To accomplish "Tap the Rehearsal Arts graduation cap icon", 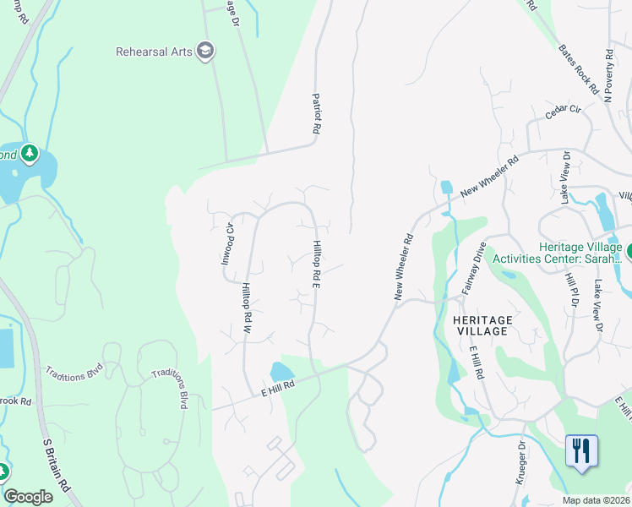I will click(204, 52).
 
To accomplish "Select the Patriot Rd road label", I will click(317, 114).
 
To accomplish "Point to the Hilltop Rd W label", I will click(248, 309).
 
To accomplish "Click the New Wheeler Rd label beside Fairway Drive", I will click(402, 267).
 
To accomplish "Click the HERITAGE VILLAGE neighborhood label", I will click(482, 325).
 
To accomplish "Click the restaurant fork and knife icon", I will click(580, 450).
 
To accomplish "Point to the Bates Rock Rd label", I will click(578, 67).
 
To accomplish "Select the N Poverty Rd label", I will click(608, 76).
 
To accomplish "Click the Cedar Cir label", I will click(564, 111).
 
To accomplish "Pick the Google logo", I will click(29, 497).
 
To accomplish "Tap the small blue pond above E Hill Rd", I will click(281, 372).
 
